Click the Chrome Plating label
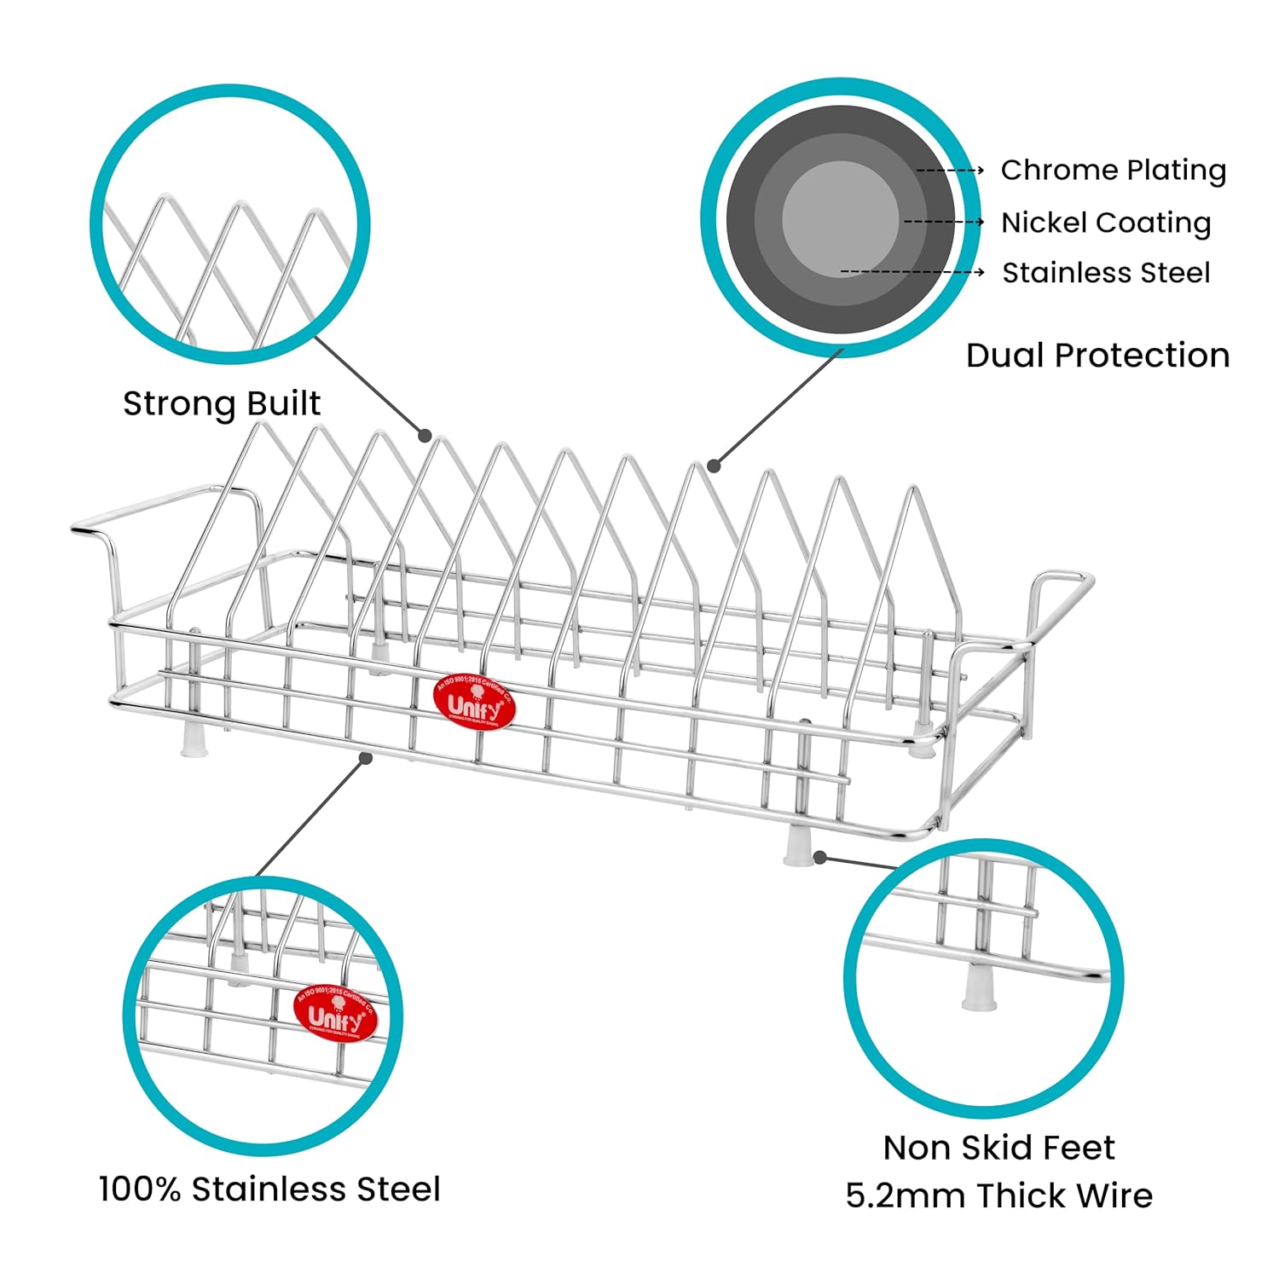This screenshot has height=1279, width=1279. [x=1113, y=171]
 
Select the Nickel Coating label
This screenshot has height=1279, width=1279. [x=1105, y=223]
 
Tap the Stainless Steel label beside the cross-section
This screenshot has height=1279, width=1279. [x=1105, y=273]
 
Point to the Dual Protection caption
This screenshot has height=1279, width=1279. [x=1097, y=356]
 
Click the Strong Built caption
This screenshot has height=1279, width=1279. [x=222, y=403]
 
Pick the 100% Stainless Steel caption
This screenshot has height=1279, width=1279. [x=269, y=1189]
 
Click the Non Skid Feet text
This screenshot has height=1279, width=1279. [x=998, y=1148]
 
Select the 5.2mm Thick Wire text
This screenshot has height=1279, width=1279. [x=998, y=1195]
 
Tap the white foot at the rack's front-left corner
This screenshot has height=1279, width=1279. [x=194, y=739]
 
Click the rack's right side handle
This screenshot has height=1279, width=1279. [x=1057, y=597]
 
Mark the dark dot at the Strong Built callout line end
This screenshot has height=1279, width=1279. [x=425, y=436]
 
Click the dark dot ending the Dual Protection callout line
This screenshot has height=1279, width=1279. [x=715, y=466]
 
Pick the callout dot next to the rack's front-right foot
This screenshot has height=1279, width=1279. [x=819, y=856]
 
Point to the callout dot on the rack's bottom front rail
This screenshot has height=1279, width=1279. [x=367, y=757]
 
